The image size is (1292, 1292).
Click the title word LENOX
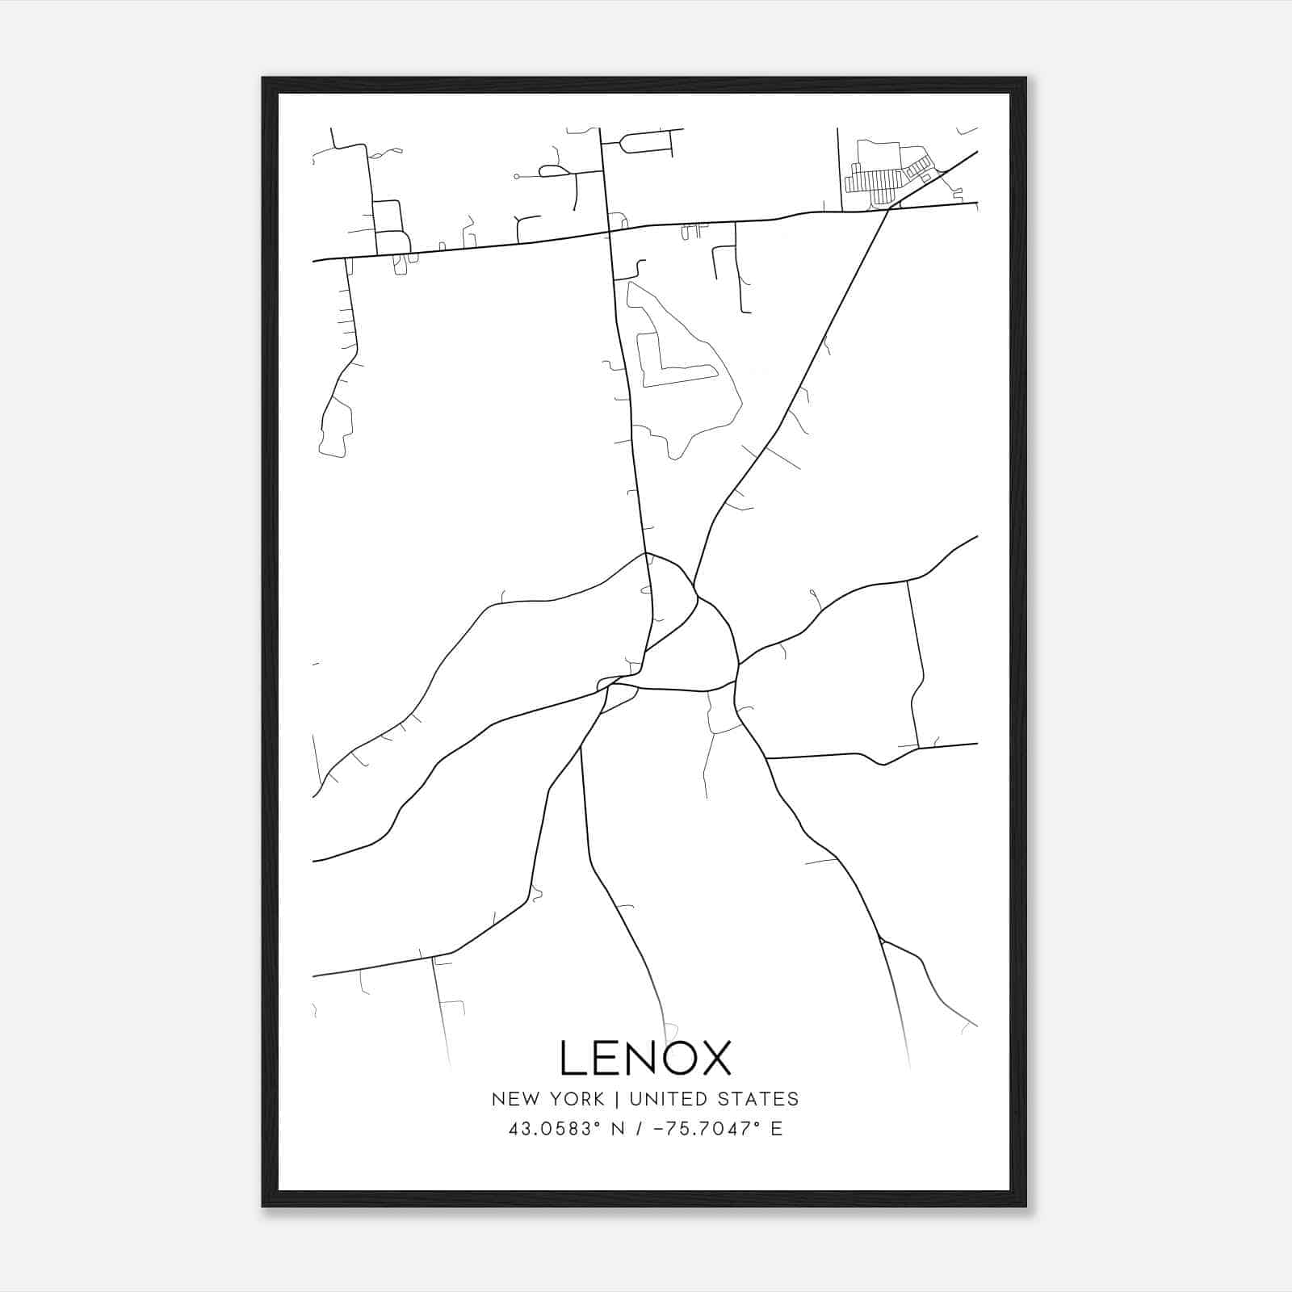pos(644,1058)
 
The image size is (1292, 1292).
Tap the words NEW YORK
pos(547,1099)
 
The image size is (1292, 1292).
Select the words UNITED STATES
pos(714,1099)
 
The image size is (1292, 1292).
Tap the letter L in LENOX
pos(571,1058)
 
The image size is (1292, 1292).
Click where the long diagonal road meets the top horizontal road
pos(887,209)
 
